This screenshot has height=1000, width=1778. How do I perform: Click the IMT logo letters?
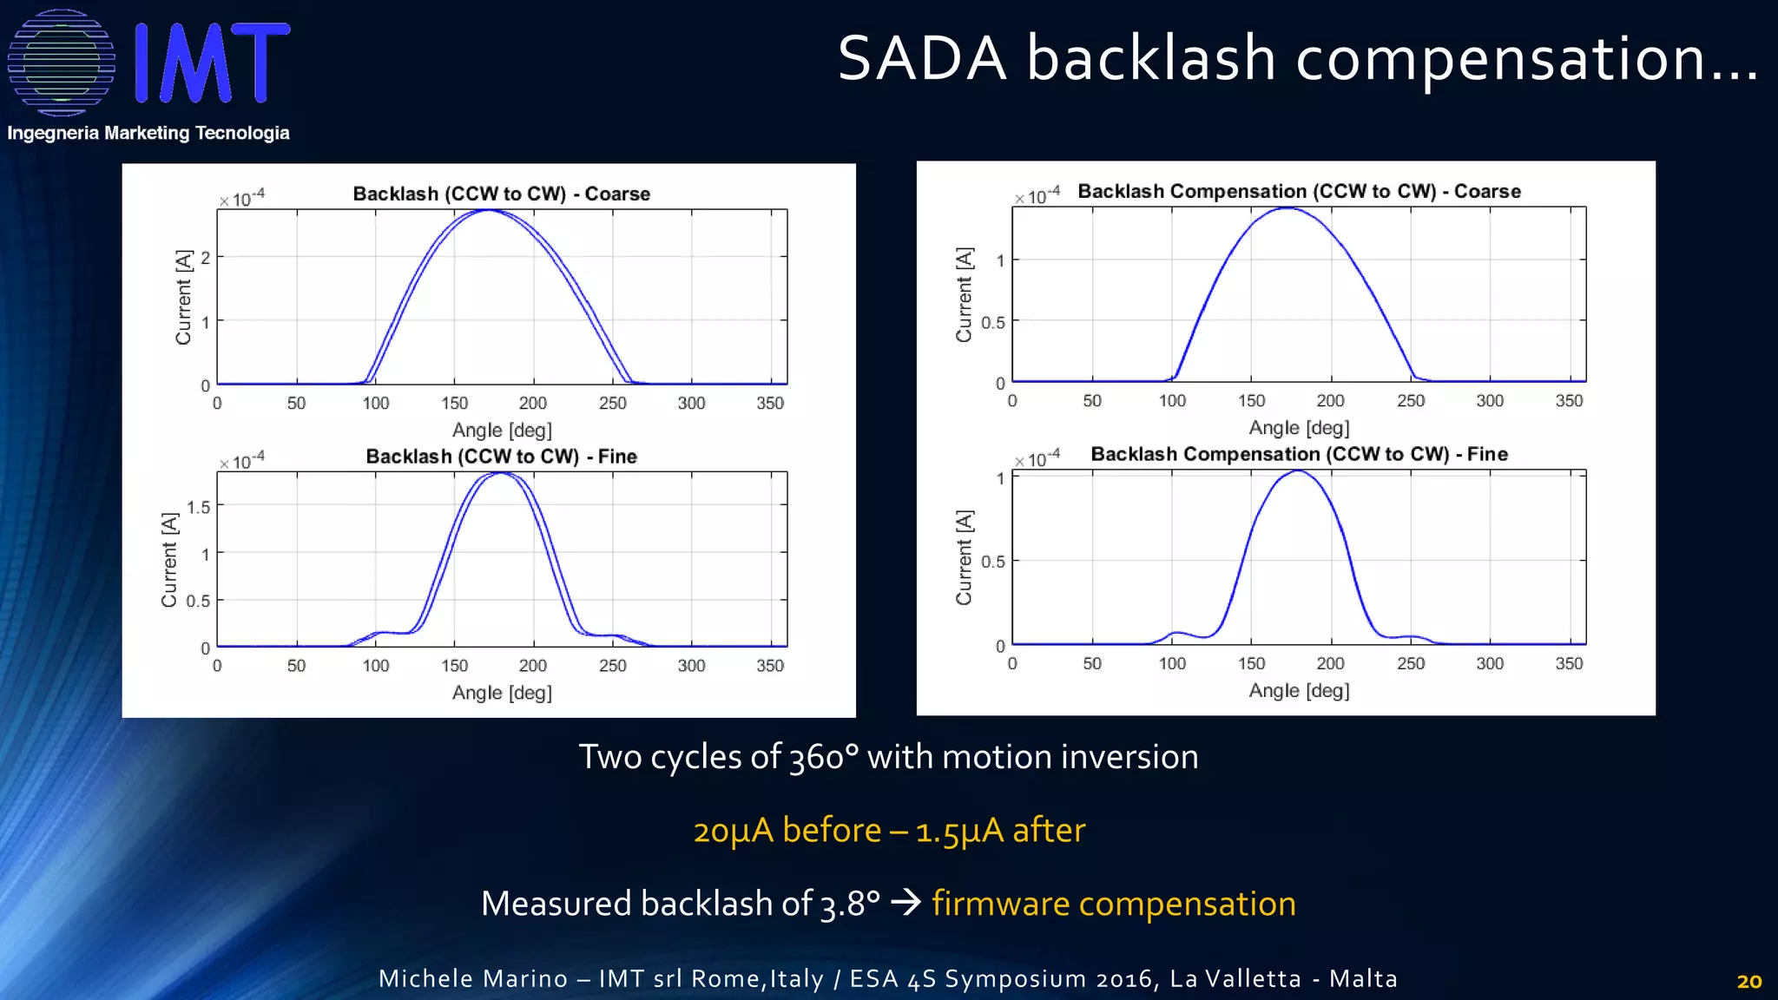213,62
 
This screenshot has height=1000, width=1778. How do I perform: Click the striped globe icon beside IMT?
61,62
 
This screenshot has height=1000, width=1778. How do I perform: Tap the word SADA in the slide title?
922,59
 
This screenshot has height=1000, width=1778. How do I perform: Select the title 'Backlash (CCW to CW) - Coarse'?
501,194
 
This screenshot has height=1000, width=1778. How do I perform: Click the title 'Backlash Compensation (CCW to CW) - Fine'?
1299,454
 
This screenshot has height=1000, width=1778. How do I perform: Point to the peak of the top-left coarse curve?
489,210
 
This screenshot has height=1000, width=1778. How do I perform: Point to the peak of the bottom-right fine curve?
1297,471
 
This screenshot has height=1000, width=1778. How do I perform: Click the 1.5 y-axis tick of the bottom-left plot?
199,507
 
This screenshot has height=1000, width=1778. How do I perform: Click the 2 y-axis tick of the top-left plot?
206,258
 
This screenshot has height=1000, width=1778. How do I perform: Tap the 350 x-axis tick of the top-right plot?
1569,401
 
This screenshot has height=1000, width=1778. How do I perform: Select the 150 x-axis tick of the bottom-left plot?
454,666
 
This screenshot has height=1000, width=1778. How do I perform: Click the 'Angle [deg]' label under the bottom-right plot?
1299,691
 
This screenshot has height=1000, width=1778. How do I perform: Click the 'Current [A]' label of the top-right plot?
965,295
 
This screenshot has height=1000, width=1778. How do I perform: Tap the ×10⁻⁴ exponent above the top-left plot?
242,199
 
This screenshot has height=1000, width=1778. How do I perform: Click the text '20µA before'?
787,831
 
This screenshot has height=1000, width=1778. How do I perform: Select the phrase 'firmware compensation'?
1114,904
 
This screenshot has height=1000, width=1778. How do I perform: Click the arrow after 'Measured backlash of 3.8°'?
906,904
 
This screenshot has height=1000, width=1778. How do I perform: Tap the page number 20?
1748,982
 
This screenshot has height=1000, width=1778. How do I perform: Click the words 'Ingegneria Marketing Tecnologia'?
148,133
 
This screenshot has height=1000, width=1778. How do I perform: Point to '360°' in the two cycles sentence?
824,758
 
